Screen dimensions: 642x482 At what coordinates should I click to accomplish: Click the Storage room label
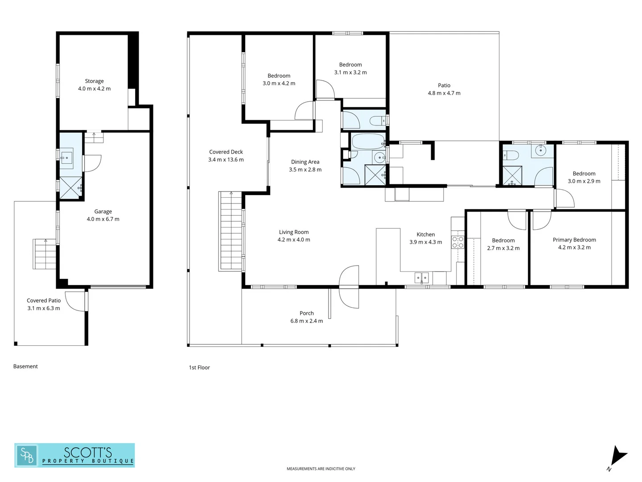[x=94, y=81]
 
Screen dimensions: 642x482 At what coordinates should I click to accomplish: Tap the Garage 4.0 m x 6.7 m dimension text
[x=103, y=219]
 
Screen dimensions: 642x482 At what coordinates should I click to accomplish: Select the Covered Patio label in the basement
[x=44, y=300]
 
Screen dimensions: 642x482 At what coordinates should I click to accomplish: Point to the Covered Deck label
[x=226, y=152]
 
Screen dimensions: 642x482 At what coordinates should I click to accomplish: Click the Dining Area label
[x=305, y=162]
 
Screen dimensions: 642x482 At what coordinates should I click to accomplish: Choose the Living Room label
[x=294, y=232]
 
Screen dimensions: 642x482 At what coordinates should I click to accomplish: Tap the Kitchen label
[x=426, y=234]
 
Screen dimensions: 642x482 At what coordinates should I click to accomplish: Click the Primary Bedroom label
[x=574, y=240]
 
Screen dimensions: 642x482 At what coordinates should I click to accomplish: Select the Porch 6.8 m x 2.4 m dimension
[x=307, y=321]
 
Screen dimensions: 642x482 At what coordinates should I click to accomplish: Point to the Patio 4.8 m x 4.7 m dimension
[x=444, y=93]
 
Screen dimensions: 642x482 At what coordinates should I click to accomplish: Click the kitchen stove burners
[x=457, y=242]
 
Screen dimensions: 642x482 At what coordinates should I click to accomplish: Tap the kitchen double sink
[x=421, y=278]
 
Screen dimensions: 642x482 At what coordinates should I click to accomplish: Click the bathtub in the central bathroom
[x=368, y=141]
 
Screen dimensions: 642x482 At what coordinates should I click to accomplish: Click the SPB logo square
[x=27, y=455]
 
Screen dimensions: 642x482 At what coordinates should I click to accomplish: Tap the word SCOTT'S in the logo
[x=88, y=453]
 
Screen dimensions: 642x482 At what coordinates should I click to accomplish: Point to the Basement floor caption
[x=25, y=366]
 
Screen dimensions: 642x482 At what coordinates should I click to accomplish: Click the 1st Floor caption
[x=199, y=368]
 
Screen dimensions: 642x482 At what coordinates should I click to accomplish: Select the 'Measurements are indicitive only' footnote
[x=321, y=469]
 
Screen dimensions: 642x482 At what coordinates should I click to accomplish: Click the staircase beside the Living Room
[x=231, y=231]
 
